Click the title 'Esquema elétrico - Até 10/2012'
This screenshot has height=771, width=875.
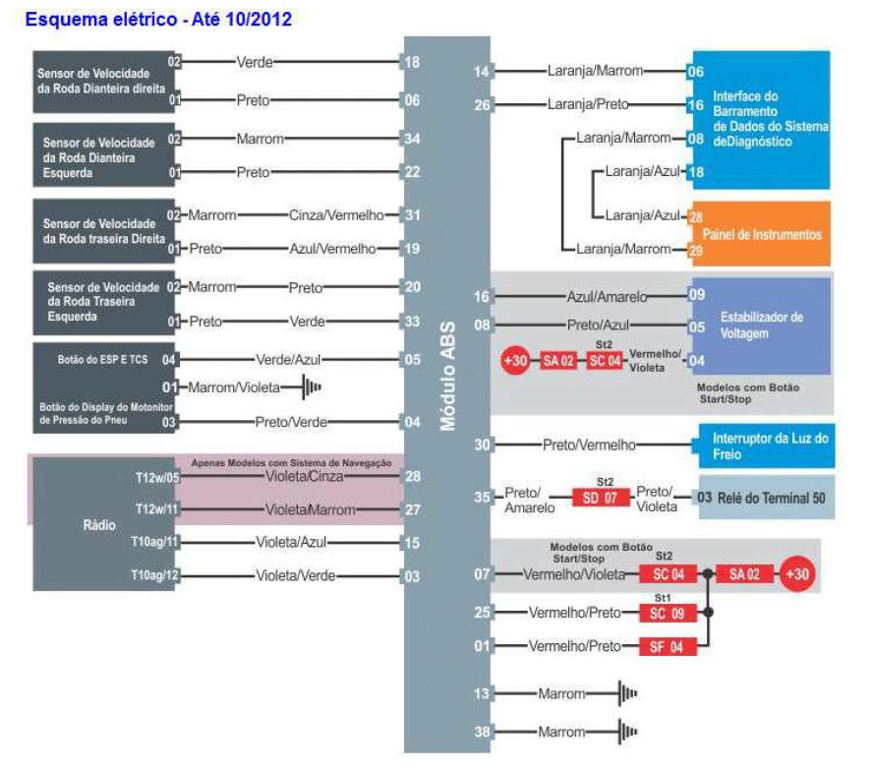pyautogui.click(x=158, y=19)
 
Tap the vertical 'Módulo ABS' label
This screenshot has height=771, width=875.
pyautogui.click(x=448, y=376)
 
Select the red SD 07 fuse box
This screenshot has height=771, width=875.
pyautogui.click(x=601, y=497)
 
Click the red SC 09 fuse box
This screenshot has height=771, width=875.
pyautogui.click(x=667, y=613)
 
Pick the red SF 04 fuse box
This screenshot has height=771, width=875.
pyautogui.click(x=667, y=646)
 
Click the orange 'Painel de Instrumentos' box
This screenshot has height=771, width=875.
pyautogui.click(x=762, y=233)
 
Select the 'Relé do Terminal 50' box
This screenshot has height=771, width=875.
pyautogui.click(x=767, y=498)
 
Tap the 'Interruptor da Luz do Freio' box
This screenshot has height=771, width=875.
pyautogui.click(x=767, y=445)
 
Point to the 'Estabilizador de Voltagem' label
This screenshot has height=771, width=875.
pyautogui.click(x=762, y=325)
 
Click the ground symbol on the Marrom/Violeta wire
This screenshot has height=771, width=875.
pyautogui.click(x=312, y=386)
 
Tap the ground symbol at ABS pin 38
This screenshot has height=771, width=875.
pyautogui.click(x=628, y=732)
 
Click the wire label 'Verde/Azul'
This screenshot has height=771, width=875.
pyautogui.click(x=288, y=360)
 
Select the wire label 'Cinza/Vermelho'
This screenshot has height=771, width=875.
pyautogui.click(x=336, y=215)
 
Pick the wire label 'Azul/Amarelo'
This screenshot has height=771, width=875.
pyautogui.click(x=608, y=296)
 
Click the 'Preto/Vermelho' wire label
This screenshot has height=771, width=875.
pyautogui.click(x=589, y=445)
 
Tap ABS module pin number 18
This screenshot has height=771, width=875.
pyautogui.click(x=412, y=62)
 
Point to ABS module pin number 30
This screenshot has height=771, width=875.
pyautogui.click(x=482, y=445)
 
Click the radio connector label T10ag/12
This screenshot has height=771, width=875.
pyautogui.click(x=154, y=575)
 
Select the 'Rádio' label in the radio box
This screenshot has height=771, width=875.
pyautogui.click(x=99, y=525)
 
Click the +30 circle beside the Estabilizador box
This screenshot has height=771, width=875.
pyautogui.click(x=515, y=361)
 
